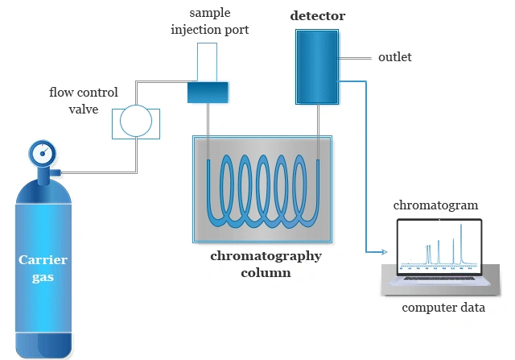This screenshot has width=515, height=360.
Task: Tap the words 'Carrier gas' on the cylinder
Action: [43, 268]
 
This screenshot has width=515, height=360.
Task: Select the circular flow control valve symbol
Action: [135, 122]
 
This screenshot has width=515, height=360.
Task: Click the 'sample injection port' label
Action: [208, 23]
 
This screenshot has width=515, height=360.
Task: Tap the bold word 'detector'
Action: [317, 16]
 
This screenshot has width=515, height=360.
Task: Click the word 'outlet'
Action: [394, 57]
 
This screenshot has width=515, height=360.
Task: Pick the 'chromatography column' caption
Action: [266, 264]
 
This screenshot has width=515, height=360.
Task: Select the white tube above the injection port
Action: [208, 60]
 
